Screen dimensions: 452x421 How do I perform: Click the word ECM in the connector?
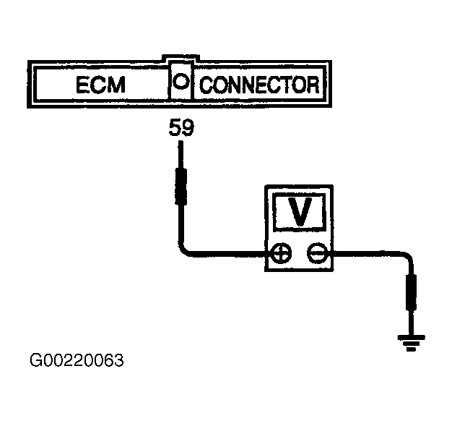[x=100, y=85]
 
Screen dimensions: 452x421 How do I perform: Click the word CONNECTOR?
[x=260, y=85]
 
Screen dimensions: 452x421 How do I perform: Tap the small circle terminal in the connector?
[x=181, y=81]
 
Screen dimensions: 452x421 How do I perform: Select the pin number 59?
[x=182, y=127]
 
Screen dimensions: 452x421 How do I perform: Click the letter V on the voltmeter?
[x=300, y=212]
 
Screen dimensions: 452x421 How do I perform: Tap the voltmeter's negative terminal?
[x=317, y=253]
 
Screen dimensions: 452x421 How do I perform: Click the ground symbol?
[x=411, y=342]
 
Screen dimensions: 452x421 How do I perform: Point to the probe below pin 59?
[x=181, y=174]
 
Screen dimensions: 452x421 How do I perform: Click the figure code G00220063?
[x=77, y=360]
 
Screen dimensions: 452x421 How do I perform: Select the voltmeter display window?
[x=300, y=212]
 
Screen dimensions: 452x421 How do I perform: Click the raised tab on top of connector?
[x=181, y=57]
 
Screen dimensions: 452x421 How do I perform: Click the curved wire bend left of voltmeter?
[x=185, y=249]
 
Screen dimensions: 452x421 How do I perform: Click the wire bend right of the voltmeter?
[x=407, y=256]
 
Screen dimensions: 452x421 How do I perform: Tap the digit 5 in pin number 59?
[x=175, y=127]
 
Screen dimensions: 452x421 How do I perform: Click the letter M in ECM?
[x=116, y=85]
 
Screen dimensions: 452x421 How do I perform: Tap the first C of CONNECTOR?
[x=207, y=85]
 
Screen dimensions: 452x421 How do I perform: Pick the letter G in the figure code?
[x=36, y=360]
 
